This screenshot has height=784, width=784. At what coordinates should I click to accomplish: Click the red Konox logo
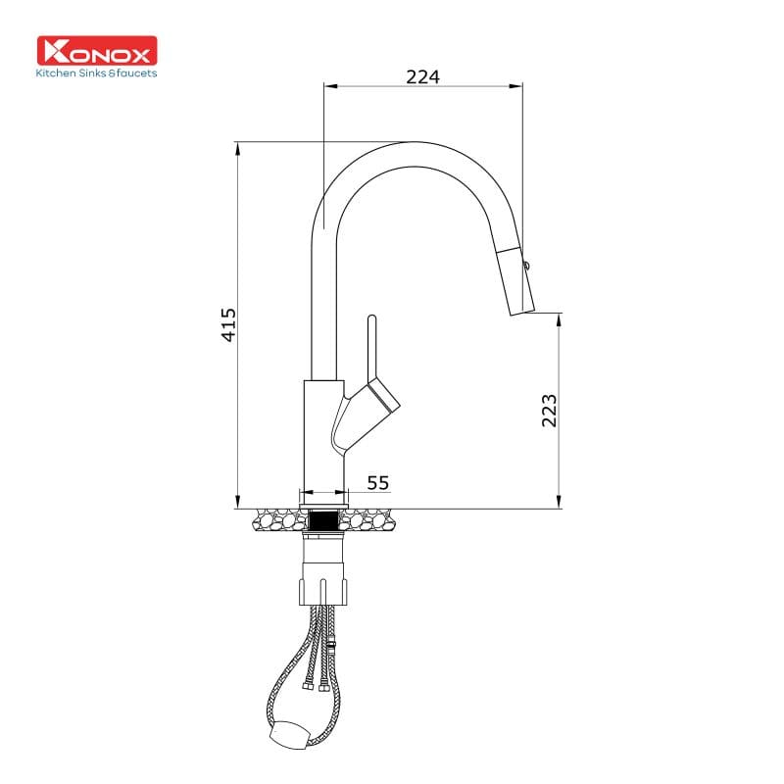(x=96, y=51)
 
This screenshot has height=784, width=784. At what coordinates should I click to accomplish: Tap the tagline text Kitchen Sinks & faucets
(x=96, y=73)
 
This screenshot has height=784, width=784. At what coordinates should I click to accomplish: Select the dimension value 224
(x=422, y=75)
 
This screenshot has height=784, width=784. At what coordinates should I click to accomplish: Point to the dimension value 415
(x=228, y=324)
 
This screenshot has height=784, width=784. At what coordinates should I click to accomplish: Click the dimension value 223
(x=550, y=410)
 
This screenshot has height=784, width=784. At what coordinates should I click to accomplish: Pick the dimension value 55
(x=378, y=482)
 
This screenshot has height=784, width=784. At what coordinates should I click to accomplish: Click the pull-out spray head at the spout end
(x=516, y=282)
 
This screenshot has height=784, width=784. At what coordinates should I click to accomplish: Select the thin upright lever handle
(x=372, y=348)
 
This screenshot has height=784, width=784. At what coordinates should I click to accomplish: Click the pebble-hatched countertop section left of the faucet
(x=277, y=518)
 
